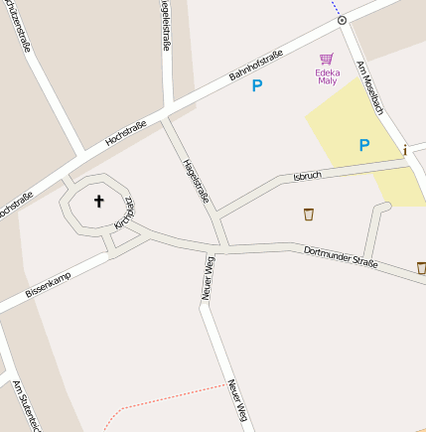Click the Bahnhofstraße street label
(256, 64)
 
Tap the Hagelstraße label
(196, 182)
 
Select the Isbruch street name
(308, 175)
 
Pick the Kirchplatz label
(124, 211)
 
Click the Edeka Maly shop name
(326, 76)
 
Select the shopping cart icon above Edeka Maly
(326, 59)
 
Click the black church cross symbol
(98, 202)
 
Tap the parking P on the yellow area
(363, 145)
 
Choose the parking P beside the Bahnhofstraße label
(256, 86)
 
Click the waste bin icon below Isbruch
(308, 214)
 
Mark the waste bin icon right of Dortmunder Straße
(421, 267)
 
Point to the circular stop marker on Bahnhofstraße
(342, 20)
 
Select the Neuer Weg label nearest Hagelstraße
(208, 278)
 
